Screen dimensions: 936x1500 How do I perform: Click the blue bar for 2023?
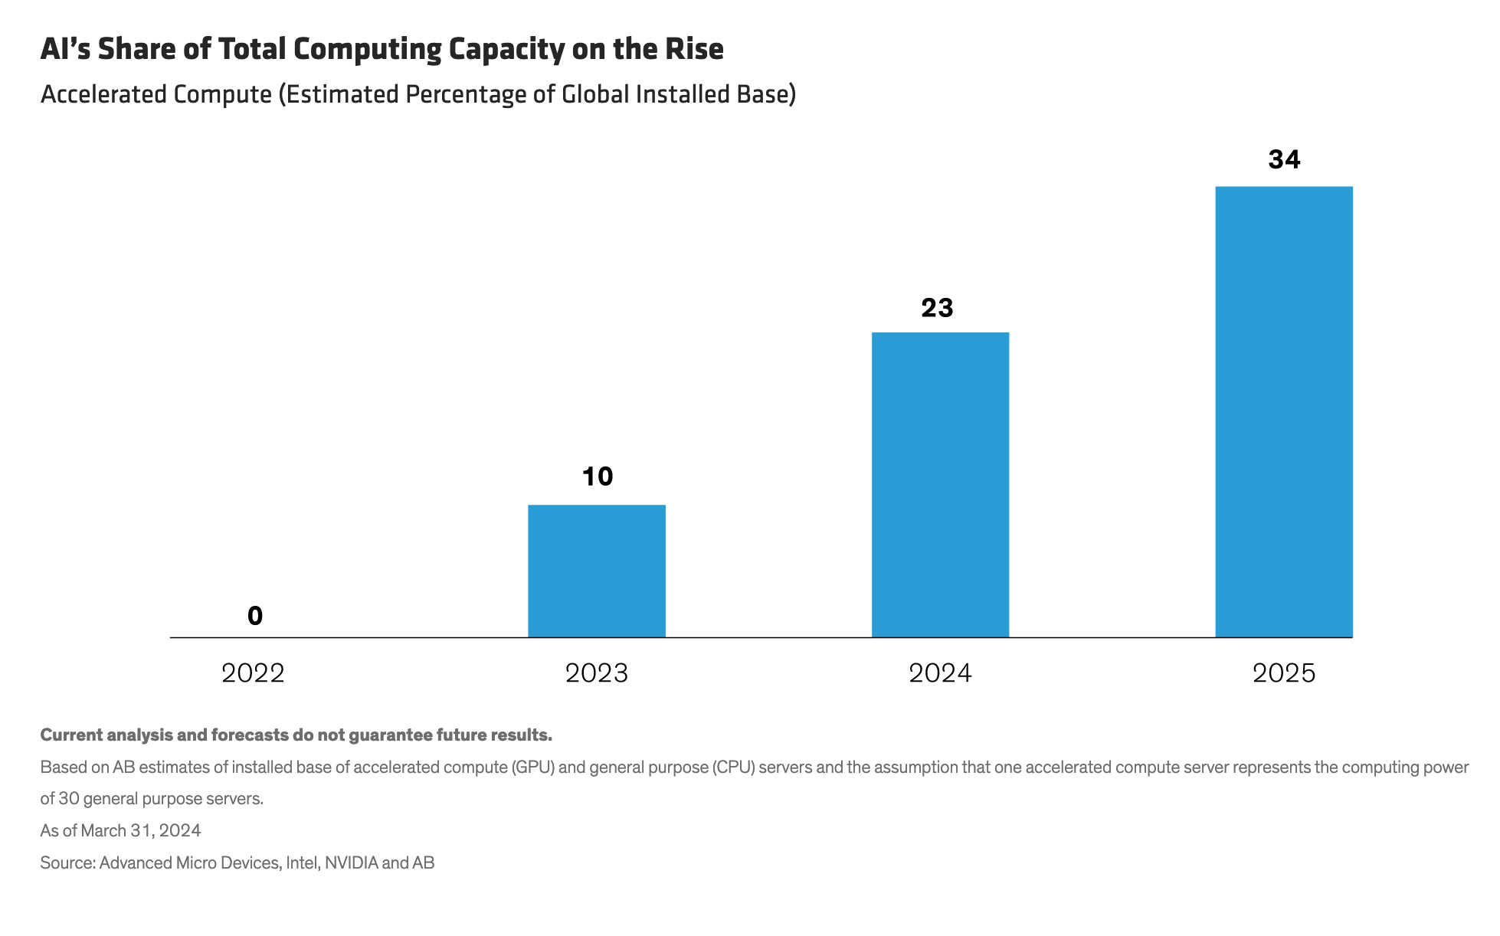coord(597,571)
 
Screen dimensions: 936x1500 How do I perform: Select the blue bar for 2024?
coord(940,484)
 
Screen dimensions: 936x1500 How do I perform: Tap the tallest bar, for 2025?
coord(1284,411)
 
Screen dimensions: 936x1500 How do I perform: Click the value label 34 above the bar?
coord(1284,159)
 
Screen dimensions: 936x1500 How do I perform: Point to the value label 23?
coord(937,308)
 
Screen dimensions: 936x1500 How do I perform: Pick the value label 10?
coord(598,476)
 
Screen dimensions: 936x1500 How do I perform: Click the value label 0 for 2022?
coord(255,616)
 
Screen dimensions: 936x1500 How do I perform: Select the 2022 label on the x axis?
coord(253,673)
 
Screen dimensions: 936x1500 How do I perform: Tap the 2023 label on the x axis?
coord(597,673)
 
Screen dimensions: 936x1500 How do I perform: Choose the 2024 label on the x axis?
coord(940,673)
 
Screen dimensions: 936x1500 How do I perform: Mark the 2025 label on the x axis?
coord(1284,673)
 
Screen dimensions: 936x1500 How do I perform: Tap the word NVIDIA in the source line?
coord(352,863)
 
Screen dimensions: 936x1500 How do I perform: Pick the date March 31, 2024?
coord(141,831)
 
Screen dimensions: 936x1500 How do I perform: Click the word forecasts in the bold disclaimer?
coord(250,735)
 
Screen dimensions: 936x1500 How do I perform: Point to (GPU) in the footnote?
coord(533,767)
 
